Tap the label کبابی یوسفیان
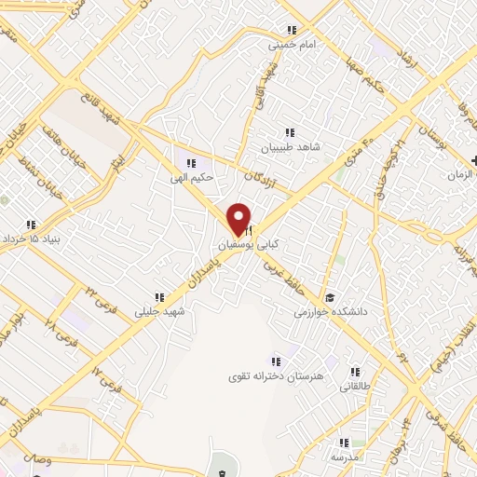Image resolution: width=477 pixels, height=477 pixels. tap(249, 245)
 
